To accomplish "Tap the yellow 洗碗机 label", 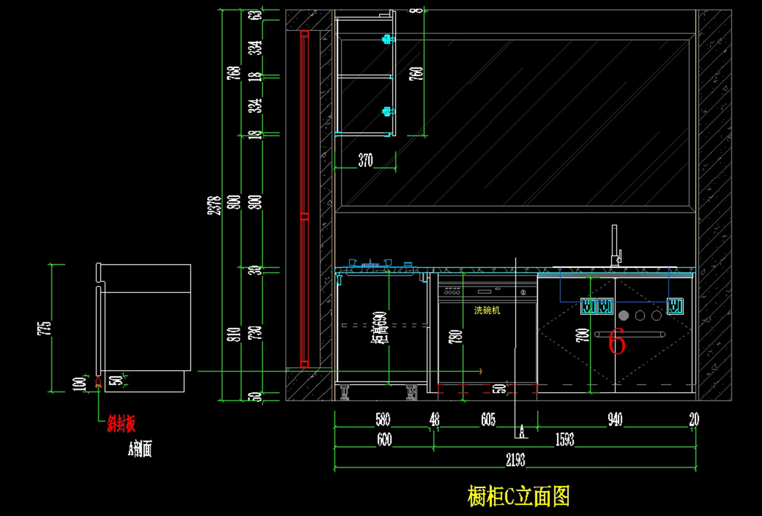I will pos(488,310).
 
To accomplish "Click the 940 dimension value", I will pos(615,420).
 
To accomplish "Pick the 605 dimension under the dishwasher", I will pos(488,420).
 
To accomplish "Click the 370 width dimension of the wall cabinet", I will pos(366,161).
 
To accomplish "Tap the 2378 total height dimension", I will pos(216,204).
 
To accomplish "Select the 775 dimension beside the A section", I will pos(44,327).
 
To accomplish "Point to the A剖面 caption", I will pos(140,450).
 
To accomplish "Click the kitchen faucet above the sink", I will pos(615,245).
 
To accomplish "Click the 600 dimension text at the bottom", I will pos(384,440).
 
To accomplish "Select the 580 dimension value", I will pos(383,420).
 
